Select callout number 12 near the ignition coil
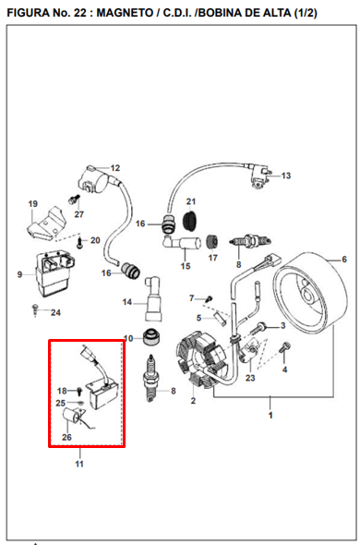[x=115, y=168]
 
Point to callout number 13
[x=285, y=176]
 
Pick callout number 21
[x=192, y=200]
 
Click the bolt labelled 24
[x=34, y=307]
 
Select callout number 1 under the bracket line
[x=270, y=416]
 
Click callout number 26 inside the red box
[x=66, y=437]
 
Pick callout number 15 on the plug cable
[x=184, y=266]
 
